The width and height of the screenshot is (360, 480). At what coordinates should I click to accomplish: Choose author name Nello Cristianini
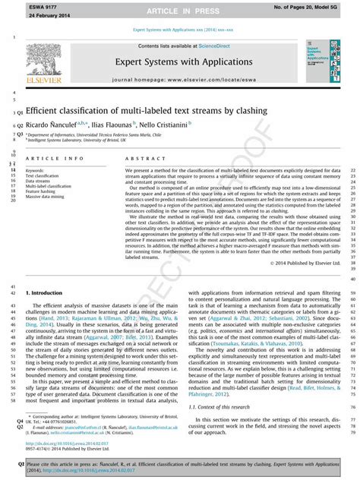click(165, 123)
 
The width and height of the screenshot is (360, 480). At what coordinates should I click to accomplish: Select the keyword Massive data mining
click(46, 197)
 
